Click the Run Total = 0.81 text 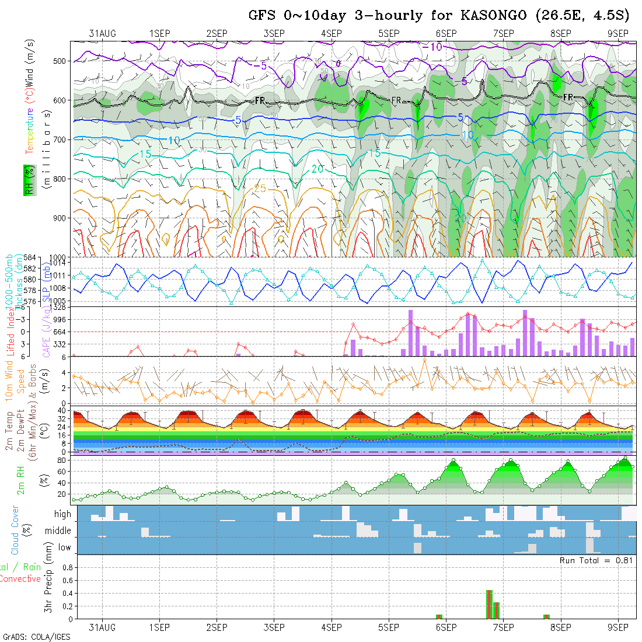click(598, 560)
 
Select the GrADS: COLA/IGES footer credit click(36, 636)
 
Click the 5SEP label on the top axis click(388, 33)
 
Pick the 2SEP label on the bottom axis click(217, 627)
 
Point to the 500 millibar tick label click(62, 61)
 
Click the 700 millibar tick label click(62, 139)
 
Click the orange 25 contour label click(260, 188)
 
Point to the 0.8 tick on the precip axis click(67, 567)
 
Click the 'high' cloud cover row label click(62, 514)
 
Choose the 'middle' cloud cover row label click(58, 531)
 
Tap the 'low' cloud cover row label click(64, 547)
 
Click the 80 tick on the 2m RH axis click(60, 460)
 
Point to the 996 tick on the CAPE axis click(60, 319)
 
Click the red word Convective click(20, 579)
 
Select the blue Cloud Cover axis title click(15, 530)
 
